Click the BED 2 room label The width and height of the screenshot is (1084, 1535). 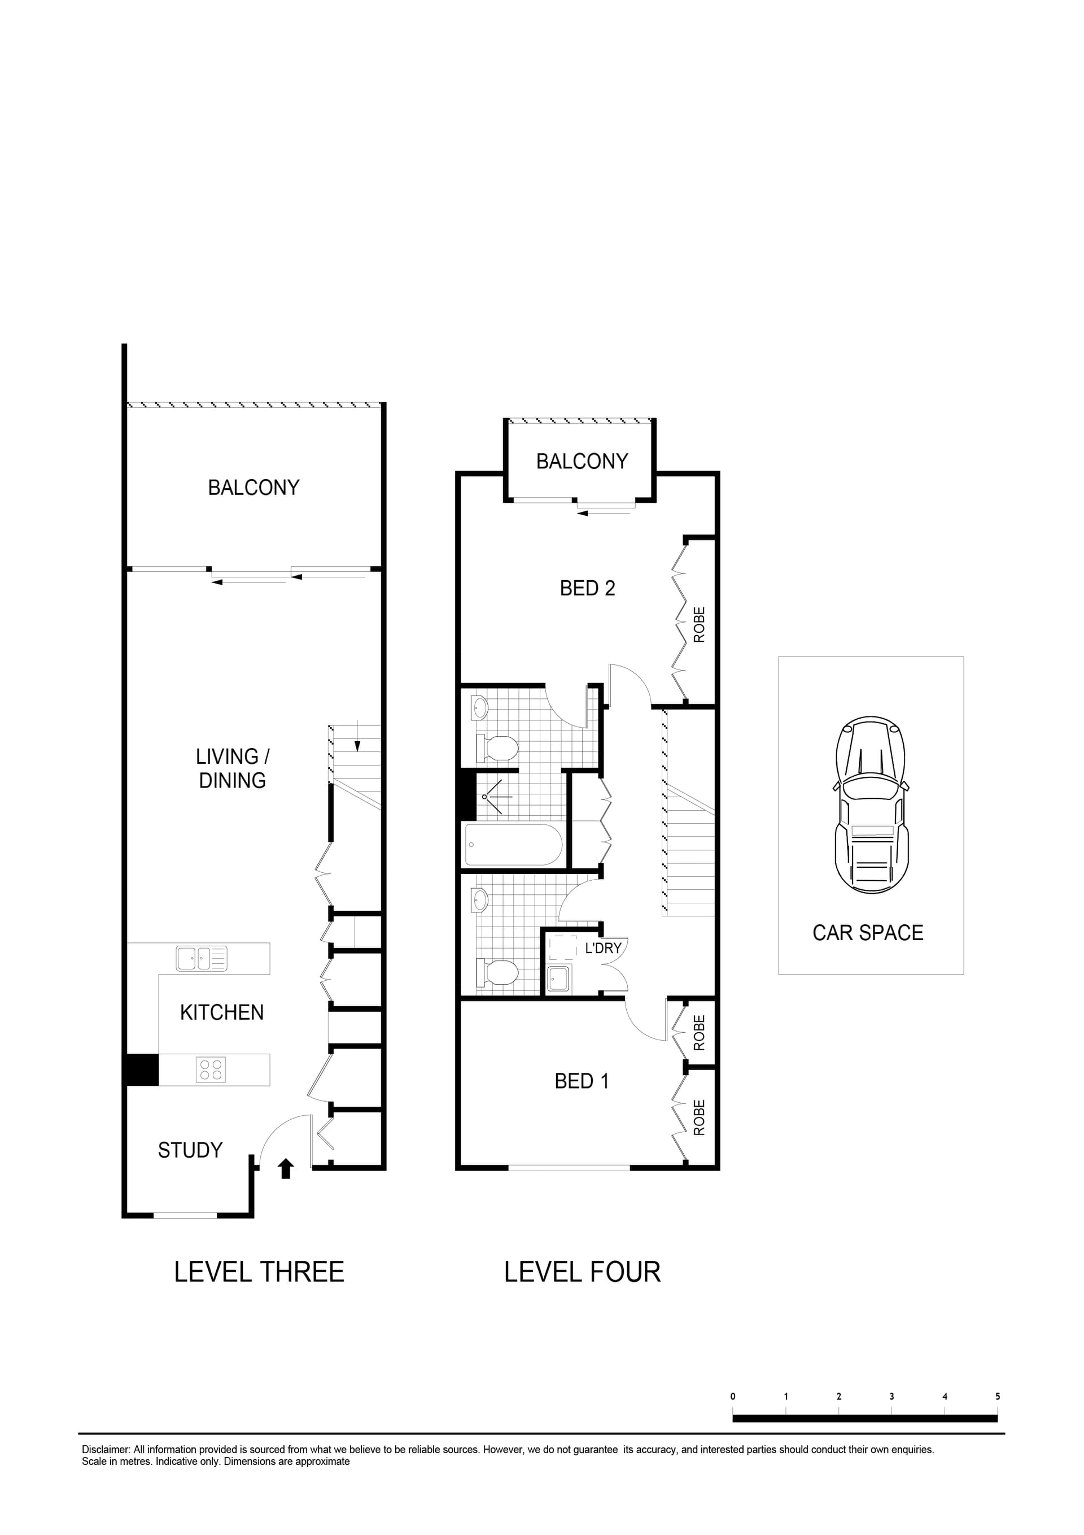587,588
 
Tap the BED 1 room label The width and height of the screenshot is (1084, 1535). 582,1081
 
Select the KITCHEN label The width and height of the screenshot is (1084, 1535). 222,1012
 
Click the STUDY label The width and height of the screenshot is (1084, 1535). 190,1150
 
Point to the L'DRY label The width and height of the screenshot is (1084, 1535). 603,948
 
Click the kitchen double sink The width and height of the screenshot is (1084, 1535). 201,958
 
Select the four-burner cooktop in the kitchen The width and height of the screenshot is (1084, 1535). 211,1069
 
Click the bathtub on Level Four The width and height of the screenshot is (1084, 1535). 514,845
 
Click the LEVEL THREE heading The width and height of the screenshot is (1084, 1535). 259,1272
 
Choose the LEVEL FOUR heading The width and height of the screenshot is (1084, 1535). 582,1272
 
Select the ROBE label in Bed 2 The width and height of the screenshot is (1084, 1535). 699,624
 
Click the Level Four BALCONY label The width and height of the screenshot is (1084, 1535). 582,462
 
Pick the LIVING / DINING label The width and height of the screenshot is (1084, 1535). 233,768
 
